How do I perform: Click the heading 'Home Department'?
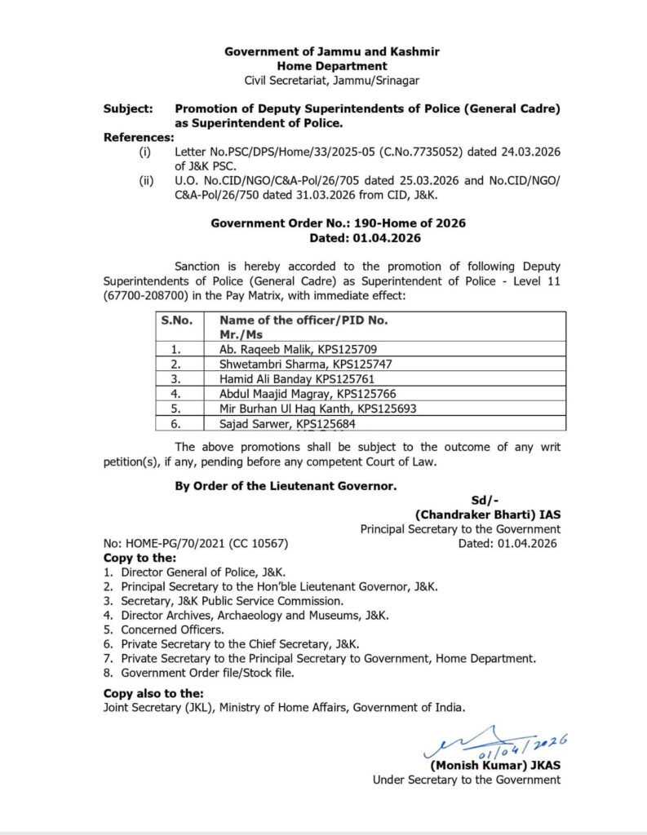pyautogui.click(x=332, y=65)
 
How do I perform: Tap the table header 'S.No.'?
pyautogui.click(x=176, y=320)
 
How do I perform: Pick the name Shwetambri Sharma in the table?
pyautogui.click(x=263, y=364)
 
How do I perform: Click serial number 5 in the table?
pyautogui.click(x=176, y=409)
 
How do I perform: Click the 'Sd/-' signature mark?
pyautogui.click(x=486, y=501)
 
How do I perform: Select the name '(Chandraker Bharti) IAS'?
pyautogui.click(x=488, y=515)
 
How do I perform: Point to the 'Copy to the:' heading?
pyautogui.click(x=140, y=558)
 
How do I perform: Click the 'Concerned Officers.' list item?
pyautogui.click(x=172, y=630)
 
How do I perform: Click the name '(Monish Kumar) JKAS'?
pyautogui.click(x=495, y=765)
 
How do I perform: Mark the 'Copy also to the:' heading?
pyautogui.click(x=153, y=693)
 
